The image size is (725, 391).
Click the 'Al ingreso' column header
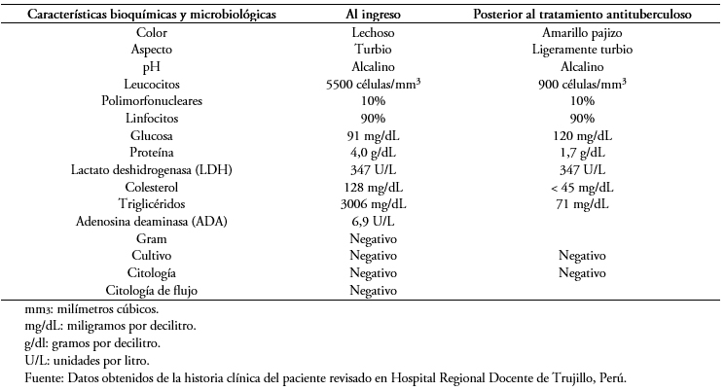point(373,15)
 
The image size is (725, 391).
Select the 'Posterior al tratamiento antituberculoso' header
point(582,15)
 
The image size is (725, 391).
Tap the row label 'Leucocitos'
point(152,84)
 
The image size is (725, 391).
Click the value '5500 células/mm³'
point(373,84)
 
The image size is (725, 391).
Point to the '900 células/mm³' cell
point(582,84)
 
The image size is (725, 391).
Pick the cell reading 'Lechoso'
point(373,32)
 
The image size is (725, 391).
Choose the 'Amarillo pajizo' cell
point(582,33)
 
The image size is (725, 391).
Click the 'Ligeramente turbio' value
point(582,50)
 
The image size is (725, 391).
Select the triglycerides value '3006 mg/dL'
point(373,204)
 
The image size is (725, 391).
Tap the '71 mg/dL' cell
point(582,204)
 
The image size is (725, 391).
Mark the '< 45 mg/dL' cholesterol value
point(582,187)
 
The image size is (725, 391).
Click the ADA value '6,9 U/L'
point(373,222)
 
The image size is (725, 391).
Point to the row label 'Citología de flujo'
point(152,290)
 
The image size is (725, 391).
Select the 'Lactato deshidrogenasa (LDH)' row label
point(152,170)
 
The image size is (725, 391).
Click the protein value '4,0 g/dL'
point(373,153)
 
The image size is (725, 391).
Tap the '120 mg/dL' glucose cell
point(582,136)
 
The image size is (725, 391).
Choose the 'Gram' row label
point(152,239)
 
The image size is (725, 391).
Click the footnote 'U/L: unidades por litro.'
point(88,361)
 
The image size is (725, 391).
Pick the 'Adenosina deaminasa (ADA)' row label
point(152,222)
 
